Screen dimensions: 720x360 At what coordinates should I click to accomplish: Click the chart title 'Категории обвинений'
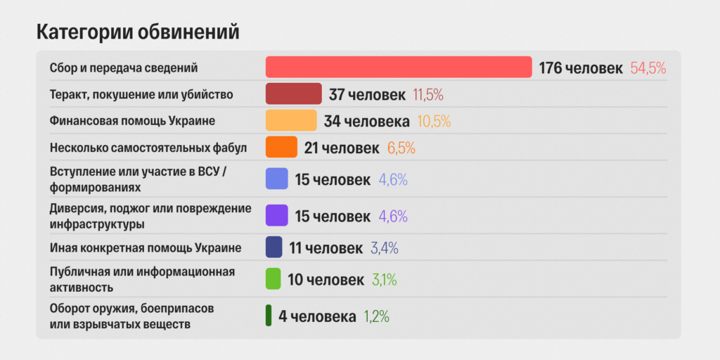click(x=138, y=33)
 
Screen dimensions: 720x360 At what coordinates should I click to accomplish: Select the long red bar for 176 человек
click(x=399, y=67)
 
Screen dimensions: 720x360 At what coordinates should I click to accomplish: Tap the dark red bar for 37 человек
click(x=293, y=94)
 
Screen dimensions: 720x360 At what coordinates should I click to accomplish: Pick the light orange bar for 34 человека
click(x=291, y=120)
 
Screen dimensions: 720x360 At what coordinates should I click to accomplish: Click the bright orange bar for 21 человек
click(x=281, y=147)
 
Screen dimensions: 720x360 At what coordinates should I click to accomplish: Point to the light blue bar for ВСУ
click(x=276, y=179)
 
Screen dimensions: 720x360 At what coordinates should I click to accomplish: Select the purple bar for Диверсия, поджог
click(x=276, y=215)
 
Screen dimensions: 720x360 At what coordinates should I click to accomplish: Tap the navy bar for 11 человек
click(x=274, y=247)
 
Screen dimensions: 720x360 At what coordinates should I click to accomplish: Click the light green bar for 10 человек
click(x=273, y=278)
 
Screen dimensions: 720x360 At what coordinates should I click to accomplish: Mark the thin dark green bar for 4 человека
click(x=268, y=316)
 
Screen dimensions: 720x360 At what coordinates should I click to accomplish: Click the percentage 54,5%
click(x=648, y=68)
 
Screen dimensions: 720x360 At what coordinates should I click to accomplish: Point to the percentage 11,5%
click(x=428, y=95)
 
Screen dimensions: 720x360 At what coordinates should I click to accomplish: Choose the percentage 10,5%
click(x=434, y=121)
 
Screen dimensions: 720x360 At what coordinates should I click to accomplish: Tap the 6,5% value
click(x=401, y=148)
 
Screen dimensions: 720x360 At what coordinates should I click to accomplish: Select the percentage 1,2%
click(x=377, y=316)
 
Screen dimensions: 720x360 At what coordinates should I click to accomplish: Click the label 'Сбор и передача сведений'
click(x=124, y=68)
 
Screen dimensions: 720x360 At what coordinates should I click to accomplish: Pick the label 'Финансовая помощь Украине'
click(x=132, y=121)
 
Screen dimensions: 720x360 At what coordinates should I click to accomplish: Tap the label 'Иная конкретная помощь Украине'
click(x=146, y=248)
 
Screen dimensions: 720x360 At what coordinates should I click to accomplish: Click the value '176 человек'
click(x=581, y=68)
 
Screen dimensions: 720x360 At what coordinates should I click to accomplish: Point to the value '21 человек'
click(x=342, y=148)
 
